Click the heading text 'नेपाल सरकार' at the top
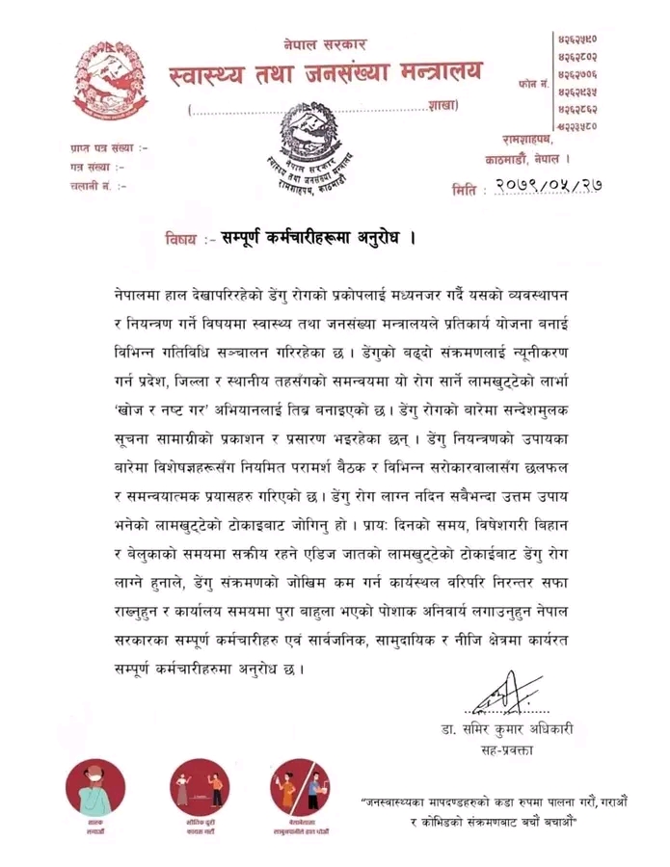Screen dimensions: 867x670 click(x=325, y=43)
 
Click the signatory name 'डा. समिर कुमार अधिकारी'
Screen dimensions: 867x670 click(x=507, y=729)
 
